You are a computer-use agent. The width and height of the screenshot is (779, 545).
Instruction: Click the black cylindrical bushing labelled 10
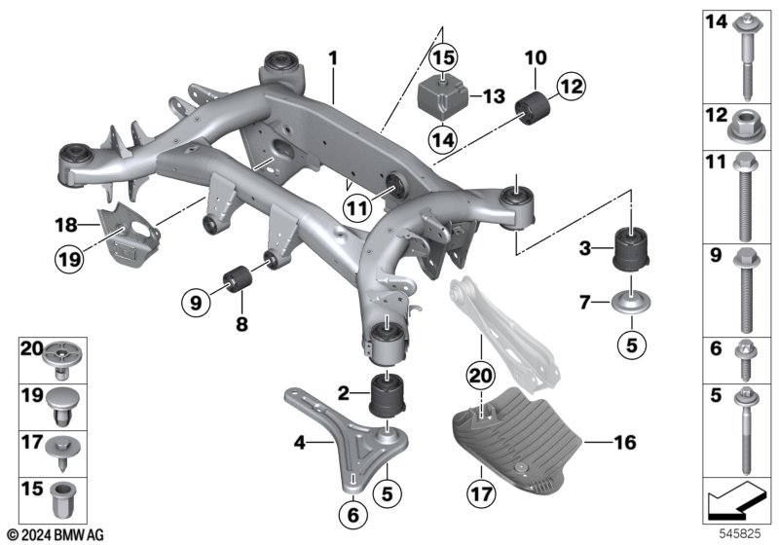pos(536,108)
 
